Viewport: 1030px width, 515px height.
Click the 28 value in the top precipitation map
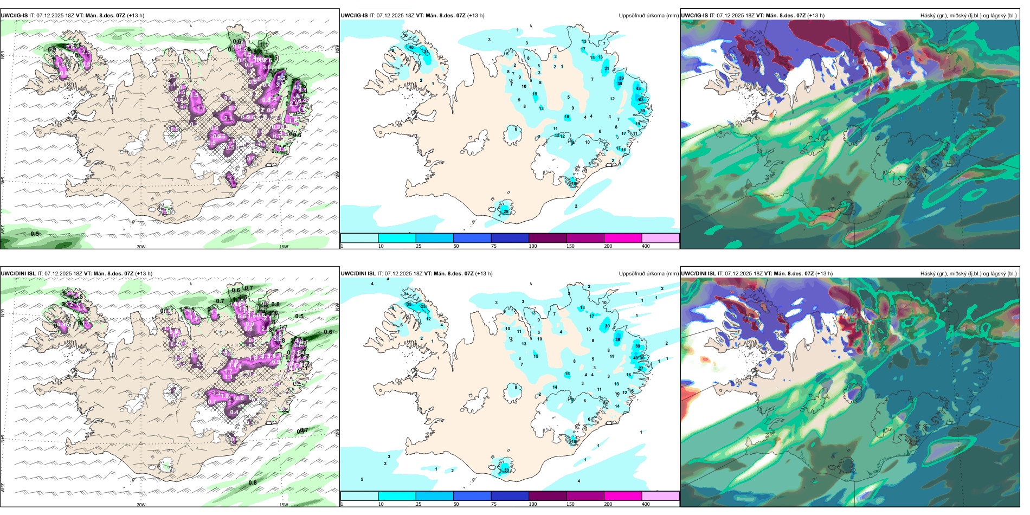coord(506,211)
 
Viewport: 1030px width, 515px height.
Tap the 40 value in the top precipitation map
coord(411,47)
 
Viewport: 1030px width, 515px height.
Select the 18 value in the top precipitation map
coord(567,117)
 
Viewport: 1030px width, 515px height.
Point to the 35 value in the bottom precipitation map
coord(409,304)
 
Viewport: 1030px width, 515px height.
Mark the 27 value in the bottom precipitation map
coord(641,369)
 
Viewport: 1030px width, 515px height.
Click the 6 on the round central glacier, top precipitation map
coord(516,129)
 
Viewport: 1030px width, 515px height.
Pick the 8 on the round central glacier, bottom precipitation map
coord(516,387)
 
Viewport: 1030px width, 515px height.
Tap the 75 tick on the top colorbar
coord(494,246)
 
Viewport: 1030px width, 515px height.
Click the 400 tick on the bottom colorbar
coord(646,504)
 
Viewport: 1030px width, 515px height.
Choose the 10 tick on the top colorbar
coord(381,246)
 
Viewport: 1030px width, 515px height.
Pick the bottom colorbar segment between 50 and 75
coord(472,496)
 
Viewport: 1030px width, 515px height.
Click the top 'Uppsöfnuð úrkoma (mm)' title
coord(648,16)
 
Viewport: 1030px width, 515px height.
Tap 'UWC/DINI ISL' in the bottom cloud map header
coord(698,274)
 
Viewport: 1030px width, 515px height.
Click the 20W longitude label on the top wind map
coord(141,247)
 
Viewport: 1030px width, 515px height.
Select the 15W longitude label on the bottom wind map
coord(284,505)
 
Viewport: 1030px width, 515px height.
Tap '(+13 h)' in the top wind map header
coord(136,16)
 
